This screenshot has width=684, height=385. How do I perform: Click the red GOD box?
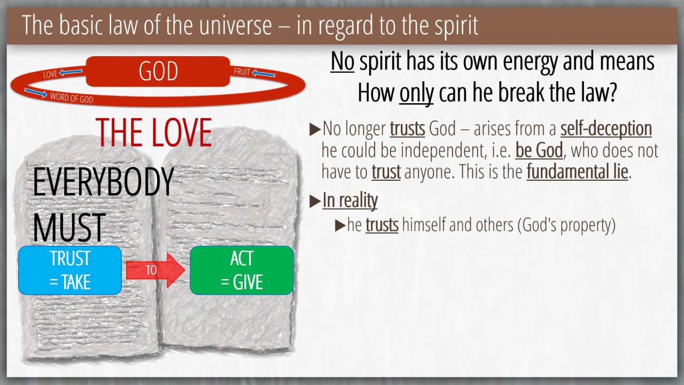pos(158,71)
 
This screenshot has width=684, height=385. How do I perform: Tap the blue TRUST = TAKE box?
pos(70,270)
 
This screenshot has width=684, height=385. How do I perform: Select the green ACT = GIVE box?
pos(242,270)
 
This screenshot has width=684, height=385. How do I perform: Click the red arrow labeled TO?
pos(155,270)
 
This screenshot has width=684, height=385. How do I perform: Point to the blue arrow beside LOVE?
pos(71,72)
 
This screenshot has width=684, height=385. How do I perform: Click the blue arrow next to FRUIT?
pos(264,74)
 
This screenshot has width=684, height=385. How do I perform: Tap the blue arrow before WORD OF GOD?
pos(36,93)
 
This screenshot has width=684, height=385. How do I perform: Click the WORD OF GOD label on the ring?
pos(72,98)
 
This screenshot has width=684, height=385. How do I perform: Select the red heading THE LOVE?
pos(153,133)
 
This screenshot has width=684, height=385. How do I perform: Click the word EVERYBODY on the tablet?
pos(103,182)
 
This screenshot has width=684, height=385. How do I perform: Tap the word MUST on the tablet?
pos(69,228)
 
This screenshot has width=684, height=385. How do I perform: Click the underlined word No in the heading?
pos(343,61)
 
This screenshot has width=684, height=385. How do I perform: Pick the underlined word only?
pos(416,93)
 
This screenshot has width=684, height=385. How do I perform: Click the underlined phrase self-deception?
pos(606,128)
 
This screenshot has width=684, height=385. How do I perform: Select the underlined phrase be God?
pos(539,150)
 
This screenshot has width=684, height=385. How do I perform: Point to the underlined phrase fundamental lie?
pos(577,172)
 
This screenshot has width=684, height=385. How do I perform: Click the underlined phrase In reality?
pos(350,201)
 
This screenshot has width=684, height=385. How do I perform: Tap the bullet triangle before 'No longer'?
pos(315,129)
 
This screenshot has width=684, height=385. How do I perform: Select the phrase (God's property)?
pos(566,225)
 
